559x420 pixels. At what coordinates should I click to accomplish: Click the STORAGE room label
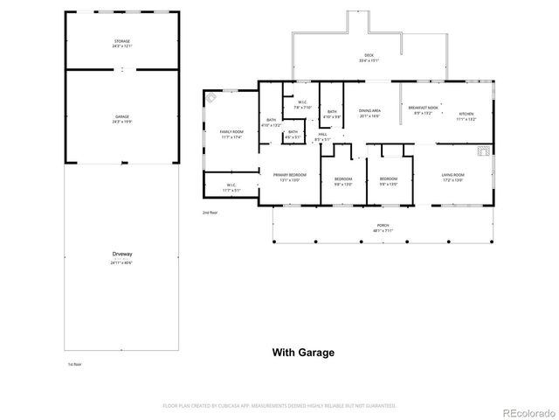coord(121,43)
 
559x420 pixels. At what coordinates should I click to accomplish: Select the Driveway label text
coord(121,255)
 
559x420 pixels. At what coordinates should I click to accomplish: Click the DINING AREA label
coord(370,112)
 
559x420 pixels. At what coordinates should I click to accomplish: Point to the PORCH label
coord(383,228)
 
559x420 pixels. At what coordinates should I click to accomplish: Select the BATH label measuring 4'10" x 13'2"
coord(271,122)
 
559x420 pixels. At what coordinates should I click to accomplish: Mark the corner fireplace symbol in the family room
coord(212,99)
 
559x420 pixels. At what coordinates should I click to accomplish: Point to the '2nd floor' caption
coord(209,213)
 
